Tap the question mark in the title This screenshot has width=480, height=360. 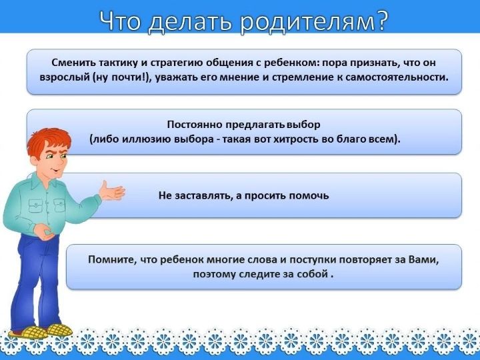click(x=381, y=21)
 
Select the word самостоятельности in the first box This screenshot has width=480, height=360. click(x=397, y=77)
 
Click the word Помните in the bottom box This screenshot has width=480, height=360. click(x=111, y=259)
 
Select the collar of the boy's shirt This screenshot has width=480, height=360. click(x=41, y=181)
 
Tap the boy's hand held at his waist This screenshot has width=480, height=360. click(x=45, y=232)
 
